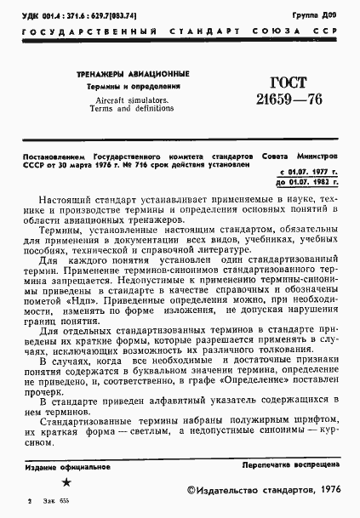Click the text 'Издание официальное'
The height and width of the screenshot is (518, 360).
coord(62,467)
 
